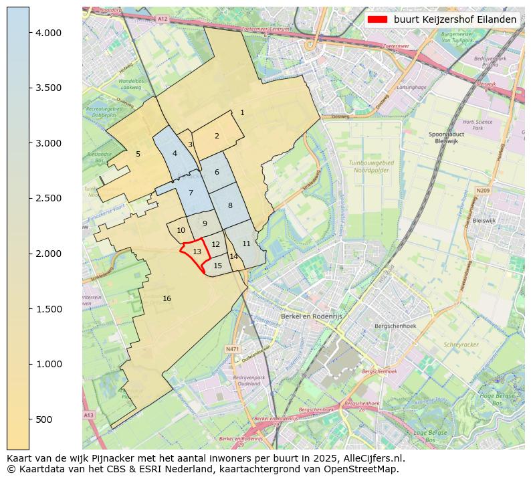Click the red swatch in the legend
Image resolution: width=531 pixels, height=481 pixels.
377,19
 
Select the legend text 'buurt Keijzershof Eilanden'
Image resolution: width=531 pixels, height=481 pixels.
455,19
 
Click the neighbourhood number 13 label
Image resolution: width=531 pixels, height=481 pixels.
197,252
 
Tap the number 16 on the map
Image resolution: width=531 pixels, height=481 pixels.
167,298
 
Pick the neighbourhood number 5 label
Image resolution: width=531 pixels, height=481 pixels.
138,154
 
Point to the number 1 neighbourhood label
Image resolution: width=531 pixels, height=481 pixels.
242,112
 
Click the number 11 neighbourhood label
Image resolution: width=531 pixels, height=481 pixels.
246,244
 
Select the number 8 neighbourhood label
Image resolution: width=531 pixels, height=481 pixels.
230,205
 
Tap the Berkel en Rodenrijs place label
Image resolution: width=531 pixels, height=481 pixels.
310,316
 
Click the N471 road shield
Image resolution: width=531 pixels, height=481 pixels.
232,349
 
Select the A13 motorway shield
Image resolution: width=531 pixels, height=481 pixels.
89,415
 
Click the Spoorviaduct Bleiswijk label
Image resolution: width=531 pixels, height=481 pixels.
446,138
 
